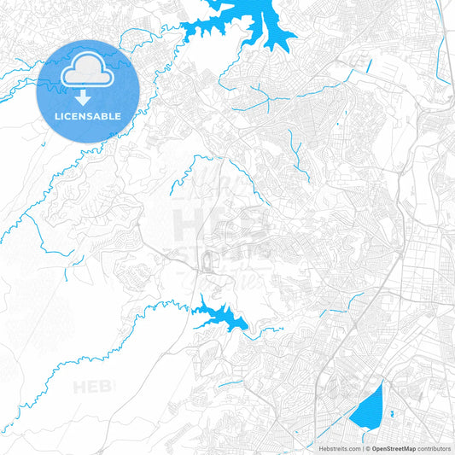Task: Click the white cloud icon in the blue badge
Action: click(88, 68)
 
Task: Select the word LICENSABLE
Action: click(88, 115)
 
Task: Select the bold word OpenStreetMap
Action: click(394, 447)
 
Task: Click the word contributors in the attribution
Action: click(435, 447)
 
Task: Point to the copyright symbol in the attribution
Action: click(367, 447)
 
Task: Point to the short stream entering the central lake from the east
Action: click(269, 330)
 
